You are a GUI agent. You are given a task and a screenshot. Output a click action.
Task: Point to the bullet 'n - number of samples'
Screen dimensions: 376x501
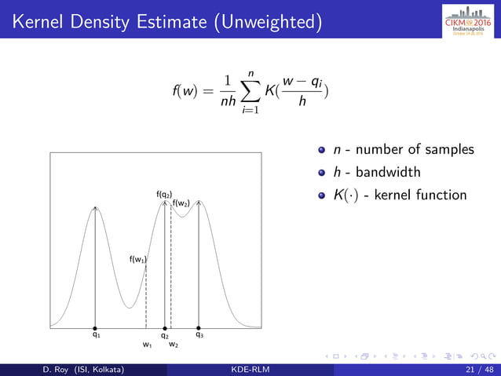pos(404,149)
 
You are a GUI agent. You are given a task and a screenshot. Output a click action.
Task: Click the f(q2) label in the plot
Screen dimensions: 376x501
pos(164,193)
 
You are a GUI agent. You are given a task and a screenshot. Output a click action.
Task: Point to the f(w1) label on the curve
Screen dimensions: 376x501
pos(138,258)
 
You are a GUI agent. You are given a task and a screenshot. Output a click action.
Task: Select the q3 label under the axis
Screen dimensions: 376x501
pos(199,335)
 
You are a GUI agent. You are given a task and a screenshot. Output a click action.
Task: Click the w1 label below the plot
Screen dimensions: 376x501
pos(147,345)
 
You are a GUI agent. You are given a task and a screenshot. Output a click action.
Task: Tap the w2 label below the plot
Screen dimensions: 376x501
pos(173,345)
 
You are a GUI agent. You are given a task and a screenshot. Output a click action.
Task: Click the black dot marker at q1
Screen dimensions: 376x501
pos(96,327)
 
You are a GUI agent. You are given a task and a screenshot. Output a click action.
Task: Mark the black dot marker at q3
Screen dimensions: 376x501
pos(199,327)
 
